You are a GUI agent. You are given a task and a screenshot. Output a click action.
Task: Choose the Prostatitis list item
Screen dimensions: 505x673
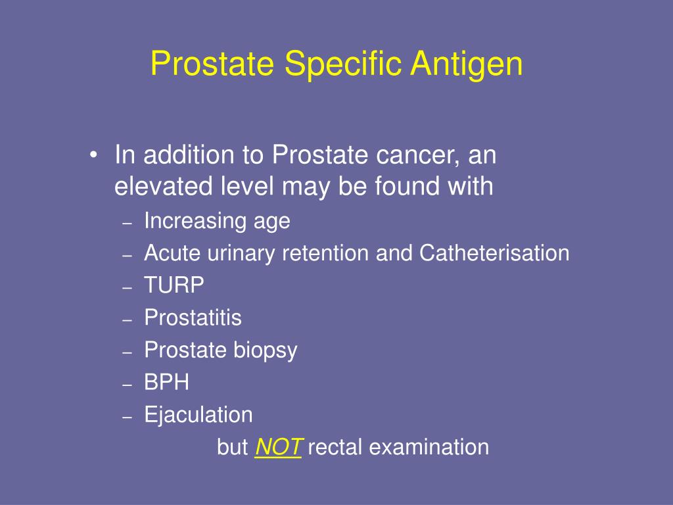pos(193,318)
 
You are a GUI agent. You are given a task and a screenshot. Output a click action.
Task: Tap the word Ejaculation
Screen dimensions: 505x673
pos(198,415)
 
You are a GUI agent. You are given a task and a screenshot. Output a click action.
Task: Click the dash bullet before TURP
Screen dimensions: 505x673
pos(128,287)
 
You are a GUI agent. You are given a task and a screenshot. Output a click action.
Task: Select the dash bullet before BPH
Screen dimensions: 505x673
pos(128,383)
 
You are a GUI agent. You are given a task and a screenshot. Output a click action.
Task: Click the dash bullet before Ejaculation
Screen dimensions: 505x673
pos(128,416)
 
